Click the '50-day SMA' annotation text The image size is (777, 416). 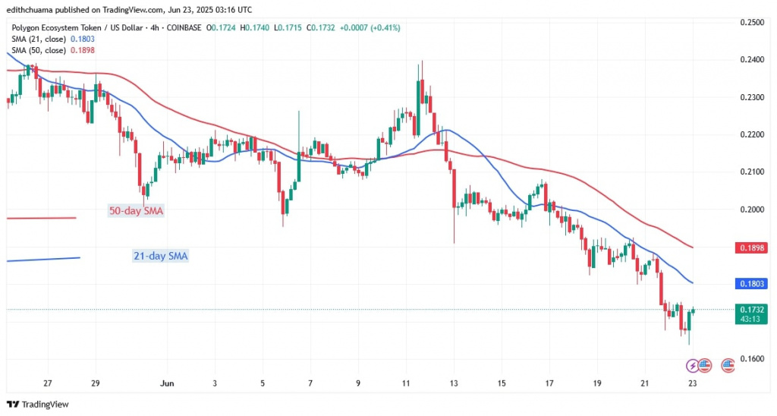click(x=137, y=210)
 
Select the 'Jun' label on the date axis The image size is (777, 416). click(x=168, y=383)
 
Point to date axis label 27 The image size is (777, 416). click(x=48, y=383)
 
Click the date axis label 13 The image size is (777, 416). click(x=453, y=383)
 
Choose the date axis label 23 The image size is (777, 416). click(x=692, y=383)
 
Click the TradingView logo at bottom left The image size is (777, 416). click(x=37, y=404)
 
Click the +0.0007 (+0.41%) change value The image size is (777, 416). click(x=367, y=28)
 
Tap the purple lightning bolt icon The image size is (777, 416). click(x=691, y=365)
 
